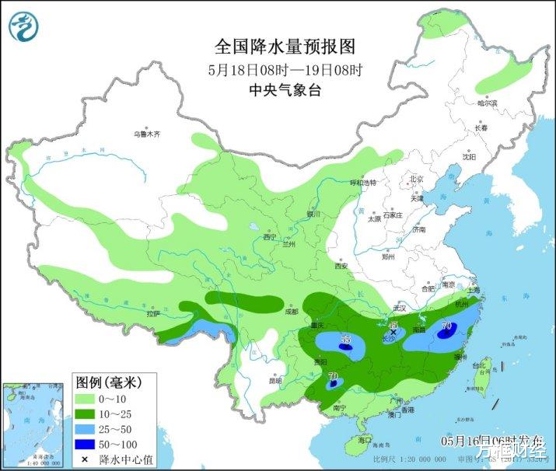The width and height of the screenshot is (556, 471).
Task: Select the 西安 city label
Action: tap(340, 266)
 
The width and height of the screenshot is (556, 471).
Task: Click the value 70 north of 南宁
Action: tap(334, 378)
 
